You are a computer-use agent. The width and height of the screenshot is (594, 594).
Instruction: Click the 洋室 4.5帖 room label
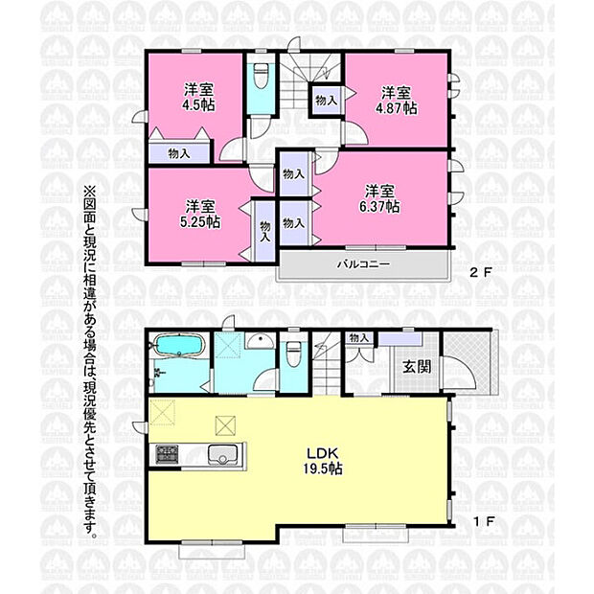click(199, 97)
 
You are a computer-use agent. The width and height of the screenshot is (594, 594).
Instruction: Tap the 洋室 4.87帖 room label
click(397, 101)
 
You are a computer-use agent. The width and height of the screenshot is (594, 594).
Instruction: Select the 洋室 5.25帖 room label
click(200, 214)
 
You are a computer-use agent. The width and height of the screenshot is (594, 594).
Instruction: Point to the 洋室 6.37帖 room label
click(379, 198)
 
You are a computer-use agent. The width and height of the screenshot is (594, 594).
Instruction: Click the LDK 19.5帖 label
click(322, 461)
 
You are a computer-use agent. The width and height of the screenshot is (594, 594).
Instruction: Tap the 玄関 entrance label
click(417, 366)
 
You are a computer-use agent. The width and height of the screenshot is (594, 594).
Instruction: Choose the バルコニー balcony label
click(364, 264)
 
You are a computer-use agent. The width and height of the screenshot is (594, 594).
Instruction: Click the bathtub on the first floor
click(178, 345)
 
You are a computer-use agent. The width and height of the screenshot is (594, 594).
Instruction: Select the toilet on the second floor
click(261, 75)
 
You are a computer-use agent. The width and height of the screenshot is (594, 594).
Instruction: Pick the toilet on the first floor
click(293, 354)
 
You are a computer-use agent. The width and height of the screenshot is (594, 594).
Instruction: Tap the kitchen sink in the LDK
click(222, 454)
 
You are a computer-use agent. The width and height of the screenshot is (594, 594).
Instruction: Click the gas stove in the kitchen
click(167, 454)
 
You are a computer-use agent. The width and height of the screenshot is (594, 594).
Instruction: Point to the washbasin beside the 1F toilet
click(260, 341)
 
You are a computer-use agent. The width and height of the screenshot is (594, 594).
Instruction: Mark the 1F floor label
click(484, 522)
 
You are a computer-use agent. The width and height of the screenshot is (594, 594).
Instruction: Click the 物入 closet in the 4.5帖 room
click(179, 153)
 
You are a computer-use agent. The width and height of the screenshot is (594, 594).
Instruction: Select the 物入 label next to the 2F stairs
click(326, 101)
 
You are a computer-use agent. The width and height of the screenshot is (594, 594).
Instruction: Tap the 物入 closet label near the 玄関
click(358, 337)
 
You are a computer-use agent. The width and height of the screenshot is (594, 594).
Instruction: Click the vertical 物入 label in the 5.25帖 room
click(265, 232)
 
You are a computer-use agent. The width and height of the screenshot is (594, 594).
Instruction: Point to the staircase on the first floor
click(327, 364)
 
